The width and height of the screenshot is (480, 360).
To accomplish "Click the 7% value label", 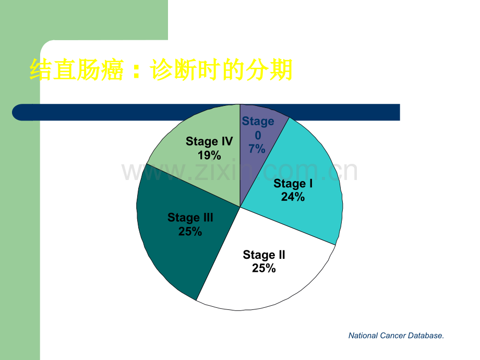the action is (x=257, y=149).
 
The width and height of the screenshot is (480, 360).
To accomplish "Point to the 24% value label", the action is (x=293, y=197).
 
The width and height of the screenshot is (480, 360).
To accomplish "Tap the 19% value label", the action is (x=209, y=155).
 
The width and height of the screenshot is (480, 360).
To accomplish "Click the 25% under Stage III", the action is (x=190, y=232).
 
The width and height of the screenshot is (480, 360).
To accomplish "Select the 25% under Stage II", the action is (x=264, y=268).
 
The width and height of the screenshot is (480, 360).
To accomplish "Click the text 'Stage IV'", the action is (x=209, y=141).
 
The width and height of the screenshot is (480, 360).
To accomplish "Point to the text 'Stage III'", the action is (x=190, y=218).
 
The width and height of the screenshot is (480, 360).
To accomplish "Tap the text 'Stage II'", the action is (x=264, y=255).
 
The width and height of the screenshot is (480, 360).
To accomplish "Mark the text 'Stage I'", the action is (x=293, y=183).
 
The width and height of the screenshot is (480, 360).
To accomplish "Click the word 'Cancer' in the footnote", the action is (x=393, y=335).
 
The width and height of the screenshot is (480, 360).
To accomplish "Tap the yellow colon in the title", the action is (x=137, y=70).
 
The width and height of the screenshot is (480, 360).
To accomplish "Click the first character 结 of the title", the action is (x=41, y=70).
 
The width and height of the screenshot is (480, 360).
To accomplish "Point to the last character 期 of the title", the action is (x=281, y=70).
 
